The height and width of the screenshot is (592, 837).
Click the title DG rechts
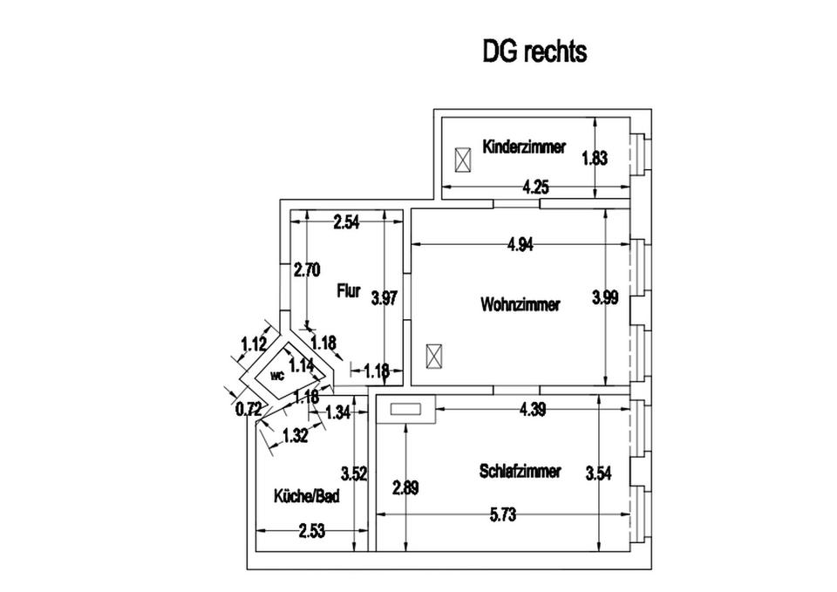534,51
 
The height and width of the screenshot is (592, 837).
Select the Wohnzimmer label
520,305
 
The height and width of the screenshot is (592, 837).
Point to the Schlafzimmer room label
520,471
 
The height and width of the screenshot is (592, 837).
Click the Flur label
349,292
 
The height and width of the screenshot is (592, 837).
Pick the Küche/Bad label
306,496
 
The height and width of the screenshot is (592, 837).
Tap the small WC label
277,376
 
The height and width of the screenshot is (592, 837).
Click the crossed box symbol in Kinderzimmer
463,160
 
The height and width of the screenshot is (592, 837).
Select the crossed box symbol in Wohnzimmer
433,356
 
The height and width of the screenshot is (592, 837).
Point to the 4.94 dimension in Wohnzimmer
520,245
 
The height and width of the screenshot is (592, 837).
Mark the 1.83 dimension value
594,158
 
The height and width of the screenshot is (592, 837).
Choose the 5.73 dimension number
504,515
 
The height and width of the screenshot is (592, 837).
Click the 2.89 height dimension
405,487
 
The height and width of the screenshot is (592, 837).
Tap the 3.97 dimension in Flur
384,298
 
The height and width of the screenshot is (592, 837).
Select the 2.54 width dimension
346,222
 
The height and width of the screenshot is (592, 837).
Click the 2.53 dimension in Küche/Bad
311,530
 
